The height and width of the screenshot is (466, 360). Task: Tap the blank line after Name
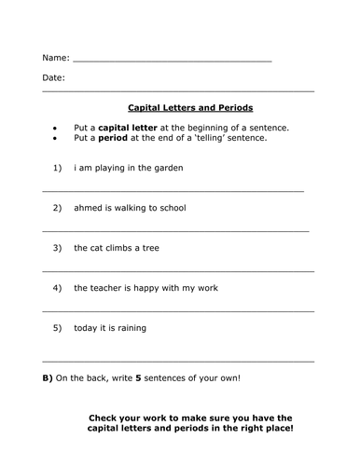[172, 60]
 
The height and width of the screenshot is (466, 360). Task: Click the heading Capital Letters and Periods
[189, 108]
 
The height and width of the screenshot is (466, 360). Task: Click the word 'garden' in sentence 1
[167, 168]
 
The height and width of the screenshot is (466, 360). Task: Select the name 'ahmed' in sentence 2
[90, 208]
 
